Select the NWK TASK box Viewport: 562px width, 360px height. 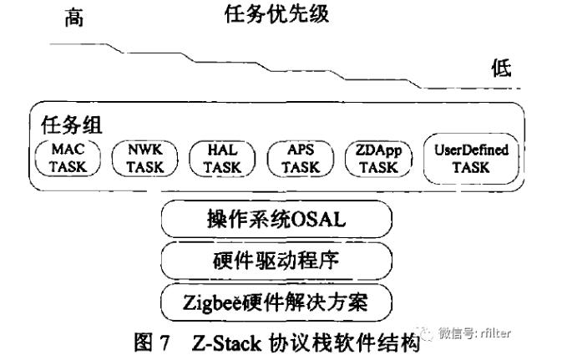click(144, 158)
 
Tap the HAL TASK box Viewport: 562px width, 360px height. click(223, 158)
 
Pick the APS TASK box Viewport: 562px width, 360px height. click(300, 158)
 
